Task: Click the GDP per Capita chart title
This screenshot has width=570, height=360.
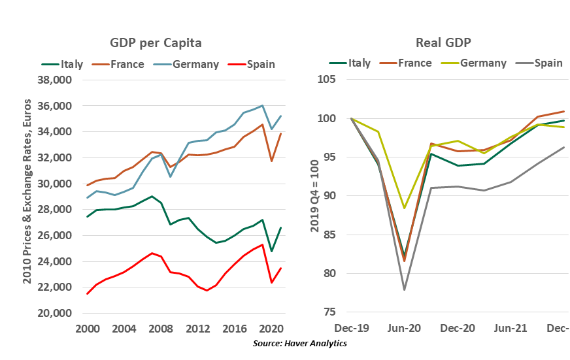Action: coord(155,43)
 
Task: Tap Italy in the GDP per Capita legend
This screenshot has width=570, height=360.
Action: coord(71,64)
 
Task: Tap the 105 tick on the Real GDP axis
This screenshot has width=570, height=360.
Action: coord(326,80)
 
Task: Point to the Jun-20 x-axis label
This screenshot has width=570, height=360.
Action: coord(405,328)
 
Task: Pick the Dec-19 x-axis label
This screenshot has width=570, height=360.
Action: coord(351,328)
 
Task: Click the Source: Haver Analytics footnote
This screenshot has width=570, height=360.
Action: coord(299,343)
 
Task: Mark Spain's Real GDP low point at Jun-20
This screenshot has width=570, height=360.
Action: coord(405,289)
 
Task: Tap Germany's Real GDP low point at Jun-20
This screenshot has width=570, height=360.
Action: coord(405,208)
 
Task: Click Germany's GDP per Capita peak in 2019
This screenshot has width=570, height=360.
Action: coord(263,105)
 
